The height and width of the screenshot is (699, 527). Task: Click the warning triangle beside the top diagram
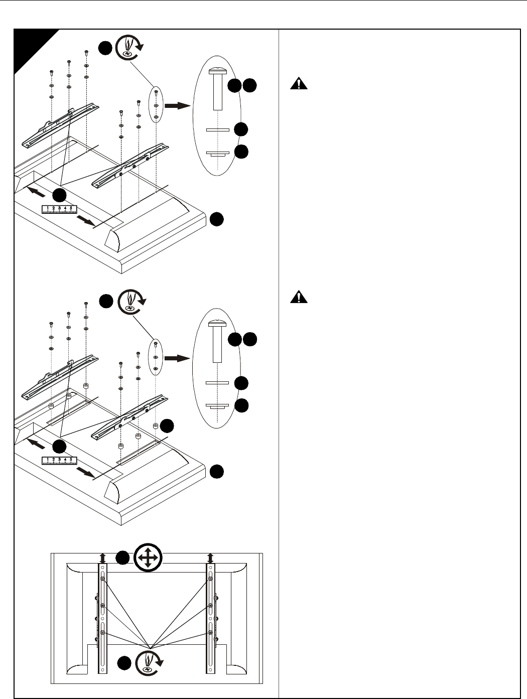(x=299, y=84)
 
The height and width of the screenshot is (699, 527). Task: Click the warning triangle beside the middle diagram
(x=299, y=297)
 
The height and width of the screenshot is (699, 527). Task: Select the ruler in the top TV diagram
(x=60, y=209)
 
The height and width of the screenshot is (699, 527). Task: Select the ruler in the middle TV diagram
(x=60, y=461)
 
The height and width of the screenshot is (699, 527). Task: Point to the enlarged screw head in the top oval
(x=217, y=71)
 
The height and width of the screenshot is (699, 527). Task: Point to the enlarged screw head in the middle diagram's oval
(x=217, y=323)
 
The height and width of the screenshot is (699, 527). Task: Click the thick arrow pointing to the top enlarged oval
(x=177, y=106)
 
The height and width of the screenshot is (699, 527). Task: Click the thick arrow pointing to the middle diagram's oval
(x=177, y=358)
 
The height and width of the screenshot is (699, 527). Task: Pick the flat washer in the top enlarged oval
(x=218, y=130)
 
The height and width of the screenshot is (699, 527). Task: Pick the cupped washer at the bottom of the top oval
(x=218, y=154)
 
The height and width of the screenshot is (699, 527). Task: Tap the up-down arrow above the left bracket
(x=102, y=558)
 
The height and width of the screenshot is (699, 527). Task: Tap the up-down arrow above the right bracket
(x=210, y=558)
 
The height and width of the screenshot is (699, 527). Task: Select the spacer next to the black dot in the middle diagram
(x=156, y=426)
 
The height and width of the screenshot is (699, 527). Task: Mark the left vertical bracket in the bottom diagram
(x=102, y=619)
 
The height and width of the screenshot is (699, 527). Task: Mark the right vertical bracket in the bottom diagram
(x=211, y=619)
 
